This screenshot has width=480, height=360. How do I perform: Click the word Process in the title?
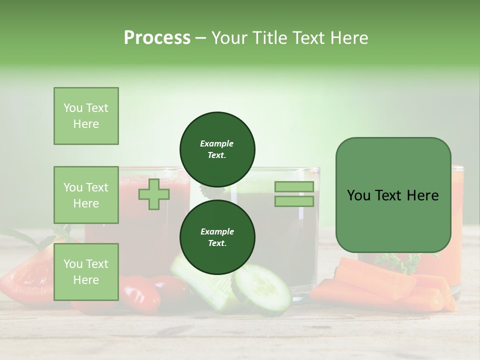pyautogui.click(x=157, y=38)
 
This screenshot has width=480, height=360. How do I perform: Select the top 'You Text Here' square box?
pyautogui.click(x=86, y=116)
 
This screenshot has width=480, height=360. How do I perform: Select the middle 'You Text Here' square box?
pyautogui.click(x=86, y=195)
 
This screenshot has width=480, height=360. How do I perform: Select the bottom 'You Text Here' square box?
pyautogui.click(x=86, y=271)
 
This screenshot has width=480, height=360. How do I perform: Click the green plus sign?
pyautogui.click(x=154, y=194)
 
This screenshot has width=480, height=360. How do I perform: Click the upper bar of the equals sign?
pyautogui.click(x=294, y=187)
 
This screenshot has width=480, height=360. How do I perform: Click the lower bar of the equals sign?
pyautogui.click(x=294, y=201)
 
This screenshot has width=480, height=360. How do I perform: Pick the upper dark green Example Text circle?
pyautogui.click(x=217, y=149)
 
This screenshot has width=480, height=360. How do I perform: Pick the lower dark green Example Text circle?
pyautogui.click(x=217, y=237)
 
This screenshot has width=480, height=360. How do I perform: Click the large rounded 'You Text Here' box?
pyautogui.click(x=393, y=195)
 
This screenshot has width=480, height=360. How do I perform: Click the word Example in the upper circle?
pyautogui.click(x=216, y=143)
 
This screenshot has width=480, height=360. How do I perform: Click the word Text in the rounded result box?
pyautogui.click(x=393, y=195)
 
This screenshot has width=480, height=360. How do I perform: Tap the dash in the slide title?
pyautogui.click(x=201, y=38)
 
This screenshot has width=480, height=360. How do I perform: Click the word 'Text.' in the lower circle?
pyautogui.click(x=216, y=243)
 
